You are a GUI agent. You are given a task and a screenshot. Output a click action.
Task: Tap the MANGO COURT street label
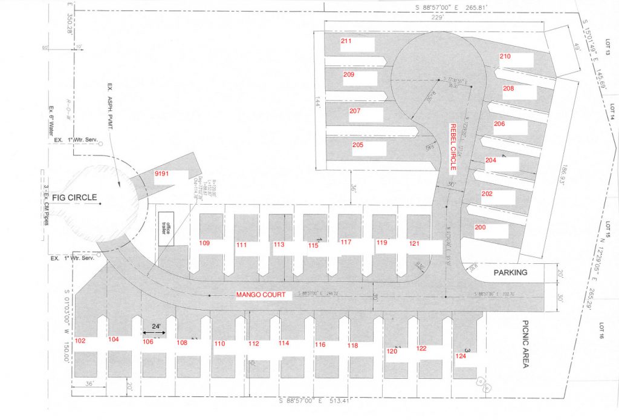(261, 295)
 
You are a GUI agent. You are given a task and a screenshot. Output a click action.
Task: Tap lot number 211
(346, 41)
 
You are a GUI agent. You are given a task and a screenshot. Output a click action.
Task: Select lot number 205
(358, 145)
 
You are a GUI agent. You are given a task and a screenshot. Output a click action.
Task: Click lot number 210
(505, 56)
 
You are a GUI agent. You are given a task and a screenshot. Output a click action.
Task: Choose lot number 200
(480, 227)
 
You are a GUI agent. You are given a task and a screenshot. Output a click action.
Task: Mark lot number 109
(204, 243)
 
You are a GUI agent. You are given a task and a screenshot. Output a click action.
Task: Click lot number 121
(414, 243)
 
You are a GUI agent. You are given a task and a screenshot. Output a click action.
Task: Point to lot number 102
(80, 341)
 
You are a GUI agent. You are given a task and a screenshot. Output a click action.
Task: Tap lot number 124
(461, 356)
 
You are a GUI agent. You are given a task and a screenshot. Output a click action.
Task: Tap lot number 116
(320, 344)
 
